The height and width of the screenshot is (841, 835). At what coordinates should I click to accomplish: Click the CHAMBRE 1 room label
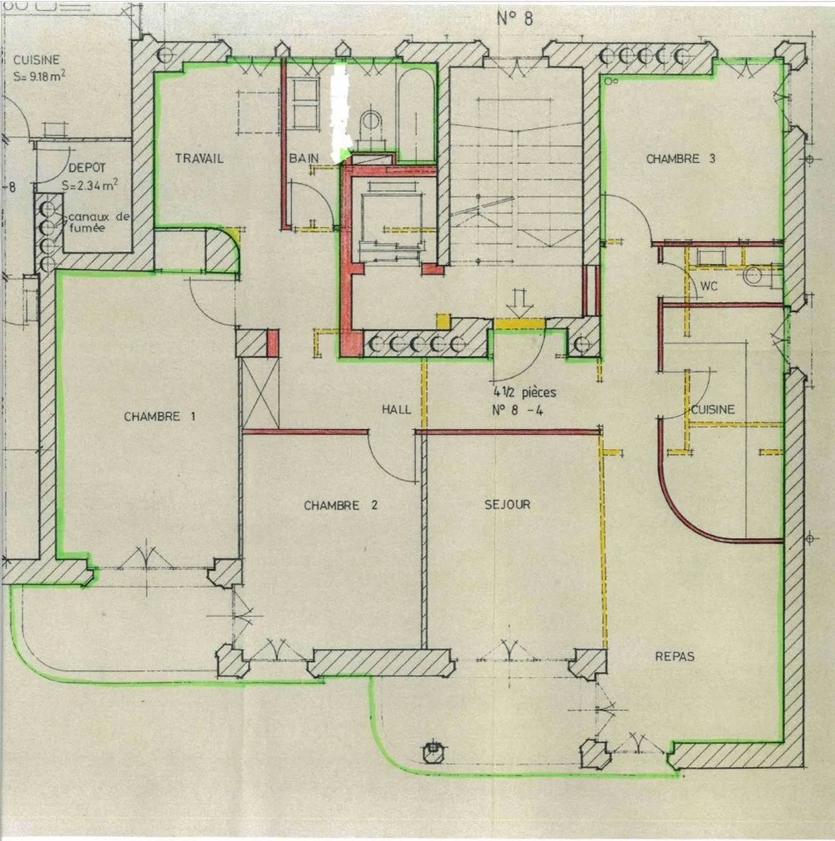[x=160, y=417]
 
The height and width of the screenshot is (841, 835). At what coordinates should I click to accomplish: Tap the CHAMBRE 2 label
[x=341, y=506]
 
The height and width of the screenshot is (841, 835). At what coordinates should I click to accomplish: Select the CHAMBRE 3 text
[x=681, y=159]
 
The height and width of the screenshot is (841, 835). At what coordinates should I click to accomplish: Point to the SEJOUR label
[x=507, y=505]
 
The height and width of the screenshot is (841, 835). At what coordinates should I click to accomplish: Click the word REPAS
[x=675, y=657]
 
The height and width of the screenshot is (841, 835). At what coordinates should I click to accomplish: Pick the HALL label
[x=396, y=409]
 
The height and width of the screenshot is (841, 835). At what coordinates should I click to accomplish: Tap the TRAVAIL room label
[x=199, y=158]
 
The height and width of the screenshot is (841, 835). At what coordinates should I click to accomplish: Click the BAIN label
[x=304, y=158]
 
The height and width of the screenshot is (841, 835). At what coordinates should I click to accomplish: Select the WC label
[x=709, y=287]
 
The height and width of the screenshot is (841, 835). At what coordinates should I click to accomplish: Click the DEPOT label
[x=87, y=168]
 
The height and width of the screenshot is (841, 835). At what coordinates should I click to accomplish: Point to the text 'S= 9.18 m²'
[x=40, y=76]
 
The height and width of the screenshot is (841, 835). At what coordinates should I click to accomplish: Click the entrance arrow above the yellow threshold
[x=518, y=302]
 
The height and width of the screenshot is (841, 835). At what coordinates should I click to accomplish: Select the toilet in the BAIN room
[x=371, y=124]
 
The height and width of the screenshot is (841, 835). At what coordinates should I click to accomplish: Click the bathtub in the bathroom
[x=415, y=116]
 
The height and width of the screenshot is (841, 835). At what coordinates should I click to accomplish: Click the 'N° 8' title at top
[x=515, y=19]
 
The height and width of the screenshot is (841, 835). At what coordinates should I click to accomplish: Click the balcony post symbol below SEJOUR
[x=433, y=447]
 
